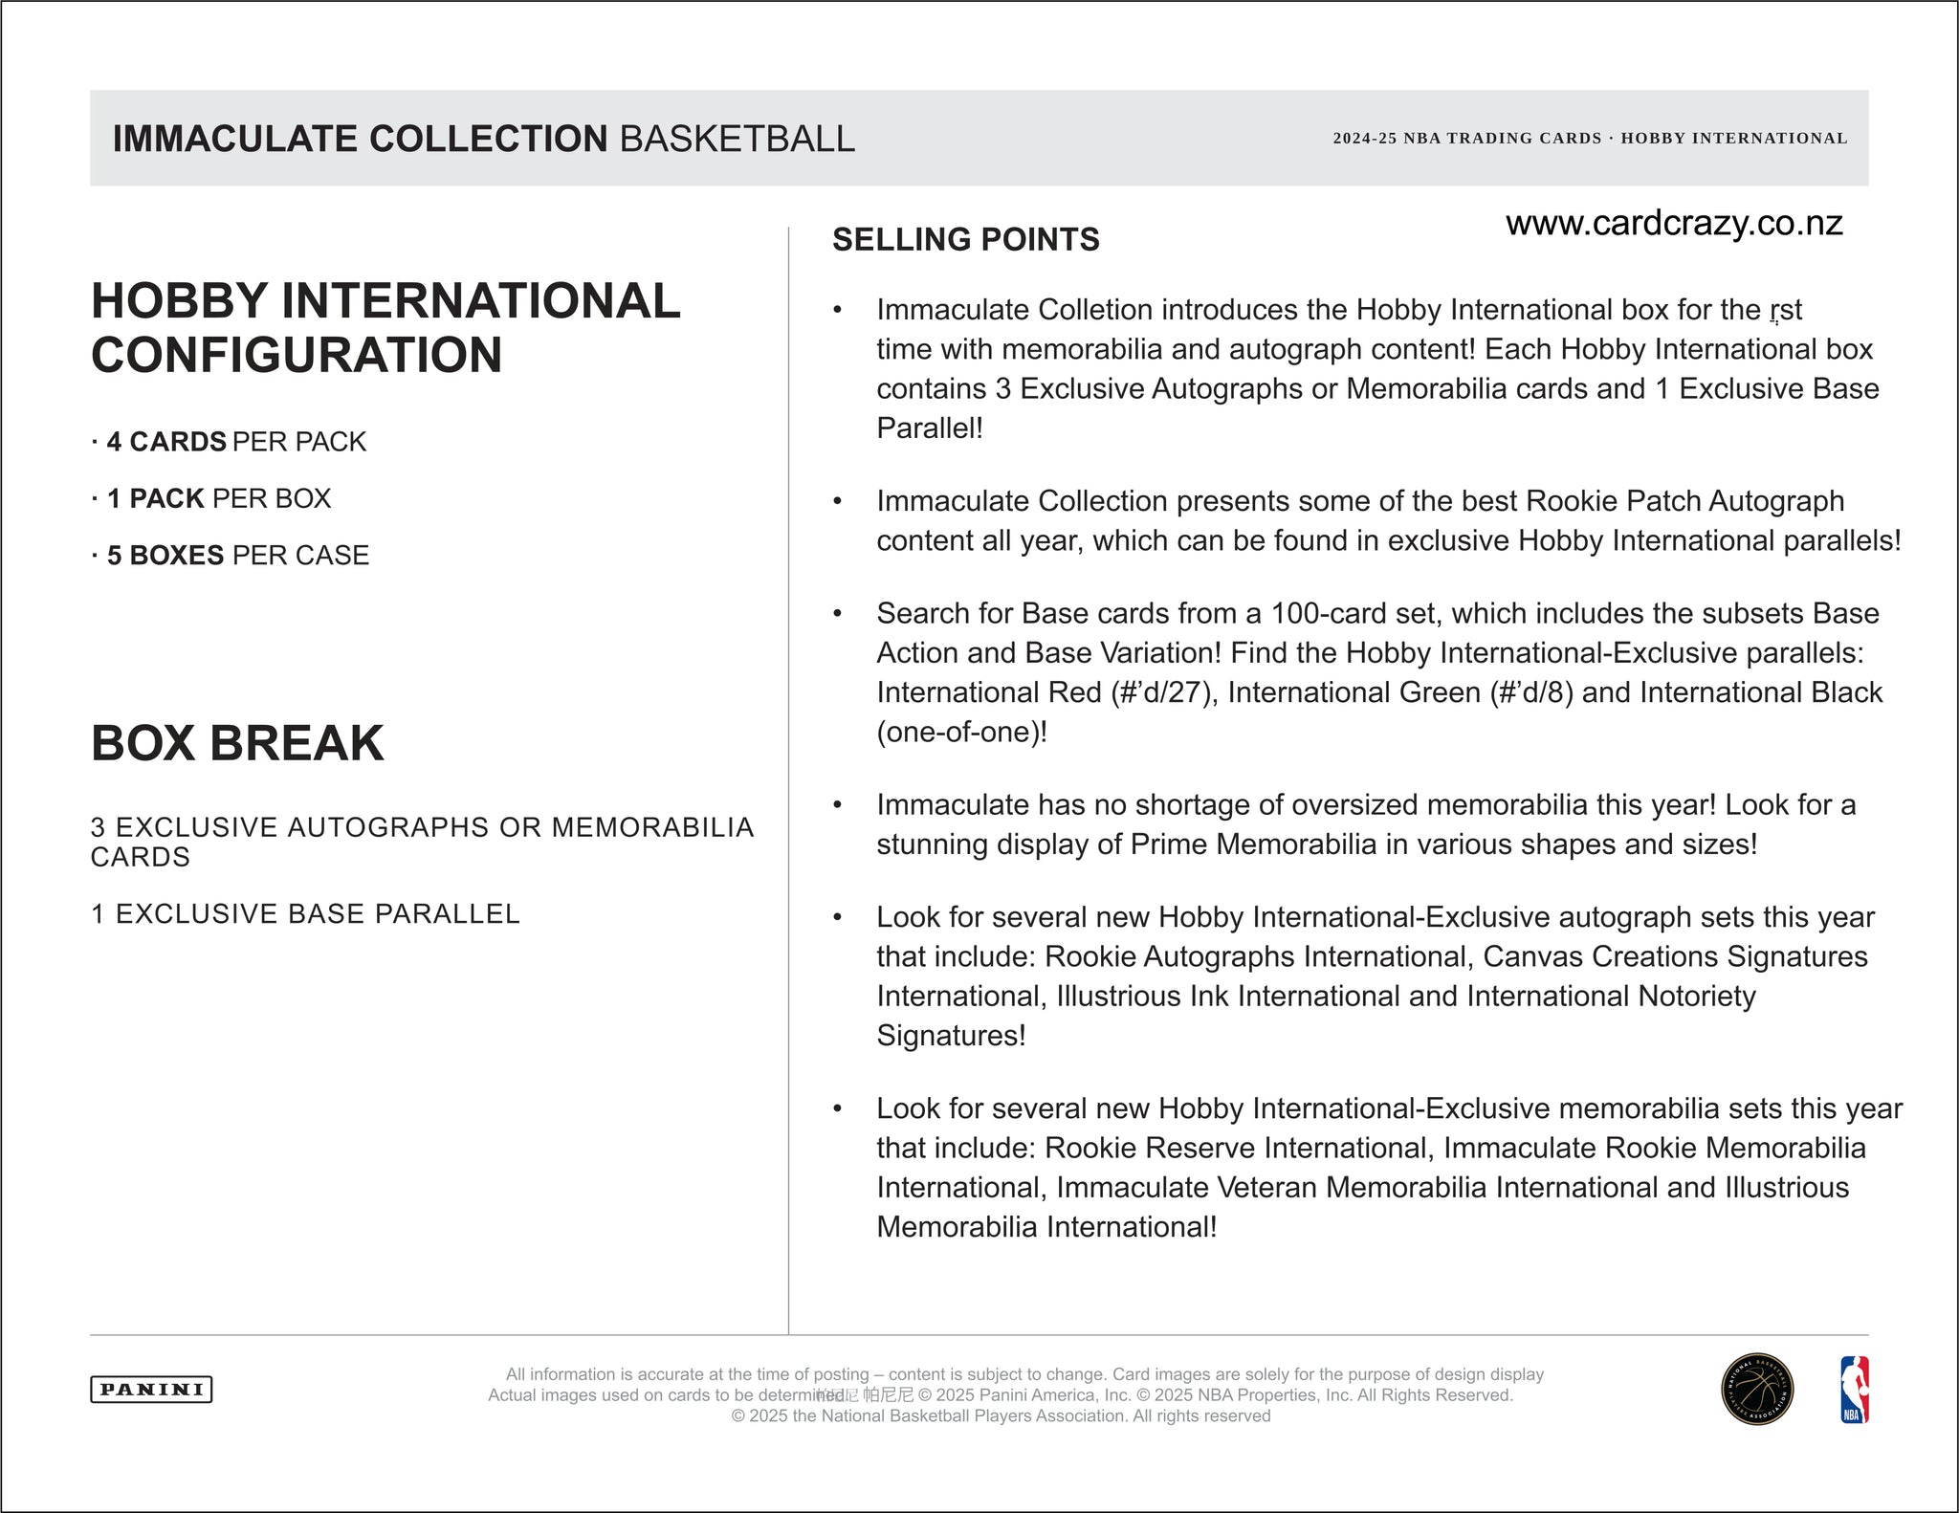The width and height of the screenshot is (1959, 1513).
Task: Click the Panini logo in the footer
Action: tap(151, 1390)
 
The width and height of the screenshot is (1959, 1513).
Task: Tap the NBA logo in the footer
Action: tap(1854, 1390)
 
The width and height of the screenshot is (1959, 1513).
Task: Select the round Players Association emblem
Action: tap(1757, 1390)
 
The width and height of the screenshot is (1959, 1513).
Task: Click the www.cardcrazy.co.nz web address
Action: tap(1674, 224)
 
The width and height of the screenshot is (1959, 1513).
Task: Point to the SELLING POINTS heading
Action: tap(965, 239)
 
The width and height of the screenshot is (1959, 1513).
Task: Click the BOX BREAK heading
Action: tap(237, 743)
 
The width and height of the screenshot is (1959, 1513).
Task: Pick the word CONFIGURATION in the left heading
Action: tap(297, 355)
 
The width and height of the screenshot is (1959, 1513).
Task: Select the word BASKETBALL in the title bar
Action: tap(737, 139)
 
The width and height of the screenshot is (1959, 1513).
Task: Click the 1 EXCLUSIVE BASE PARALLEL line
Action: tap(305, 914)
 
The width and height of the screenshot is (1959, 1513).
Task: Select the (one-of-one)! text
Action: tap(961, 733)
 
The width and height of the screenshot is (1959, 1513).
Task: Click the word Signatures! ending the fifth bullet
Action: tap(951, 1036)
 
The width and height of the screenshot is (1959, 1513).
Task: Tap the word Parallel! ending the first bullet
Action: tap(930, 428)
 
